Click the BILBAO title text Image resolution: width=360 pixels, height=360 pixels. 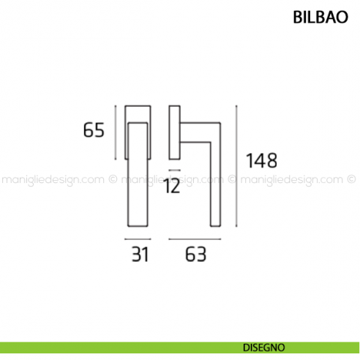(315, 18)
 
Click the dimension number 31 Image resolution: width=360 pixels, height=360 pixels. (140, 255)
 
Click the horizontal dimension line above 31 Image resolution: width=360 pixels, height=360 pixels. (139, 239)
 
